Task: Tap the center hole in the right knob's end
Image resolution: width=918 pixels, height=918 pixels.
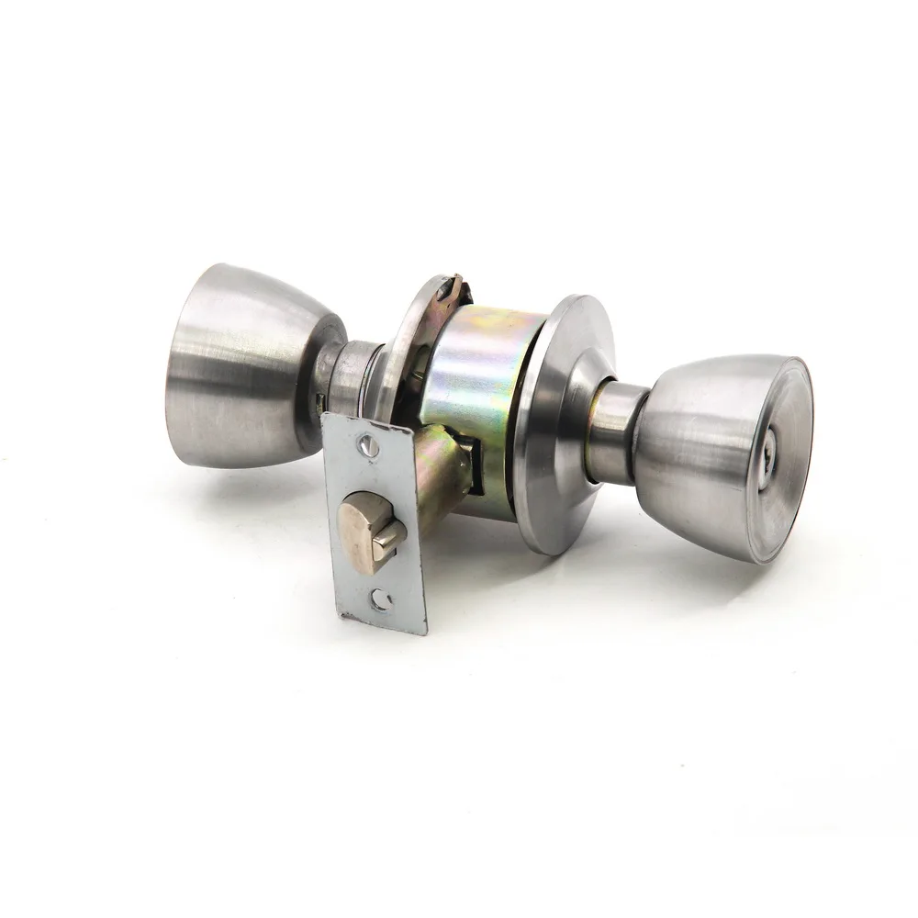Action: tap(769, 452)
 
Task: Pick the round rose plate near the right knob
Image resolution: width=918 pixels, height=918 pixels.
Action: tap(551, 422)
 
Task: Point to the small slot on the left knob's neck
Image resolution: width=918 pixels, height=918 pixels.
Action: tap(320, 400)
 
